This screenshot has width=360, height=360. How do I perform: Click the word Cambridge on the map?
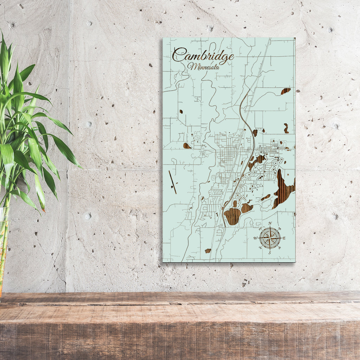coord(203,56)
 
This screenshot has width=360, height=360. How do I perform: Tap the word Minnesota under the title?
coord(204,66)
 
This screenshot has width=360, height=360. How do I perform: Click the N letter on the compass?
coord(270,224)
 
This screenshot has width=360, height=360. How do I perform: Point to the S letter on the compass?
coord(270,252)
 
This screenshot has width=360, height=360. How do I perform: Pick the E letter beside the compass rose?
coord(284,238)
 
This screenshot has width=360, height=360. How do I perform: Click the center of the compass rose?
coord(270,238)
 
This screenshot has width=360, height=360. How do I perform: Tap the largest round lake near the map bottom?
coord(232,216)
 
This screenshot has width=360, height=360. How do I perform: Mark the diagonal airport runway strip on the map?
coord(172,182)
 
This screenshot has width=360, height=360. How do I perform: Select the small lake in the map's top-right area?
coord(285,91)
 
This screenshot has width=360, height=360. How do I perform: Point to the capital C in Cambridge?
coord(179,55)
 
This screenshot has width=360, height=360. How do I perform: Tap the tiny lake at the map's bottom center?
coord(208,251)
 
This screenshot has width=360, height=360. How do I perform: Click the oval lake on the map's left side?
coord(187,146)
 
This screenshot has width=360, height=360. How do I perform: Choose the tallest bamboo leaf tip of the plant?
coord(2,32)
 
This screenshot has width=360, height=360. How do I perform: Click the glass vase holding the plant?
coord(4,246)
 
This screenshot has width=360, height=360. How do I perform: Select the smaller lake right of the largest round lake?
coord(246,208)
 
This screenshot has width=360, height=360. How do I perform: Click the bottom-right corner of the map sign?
coord(295,262)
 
